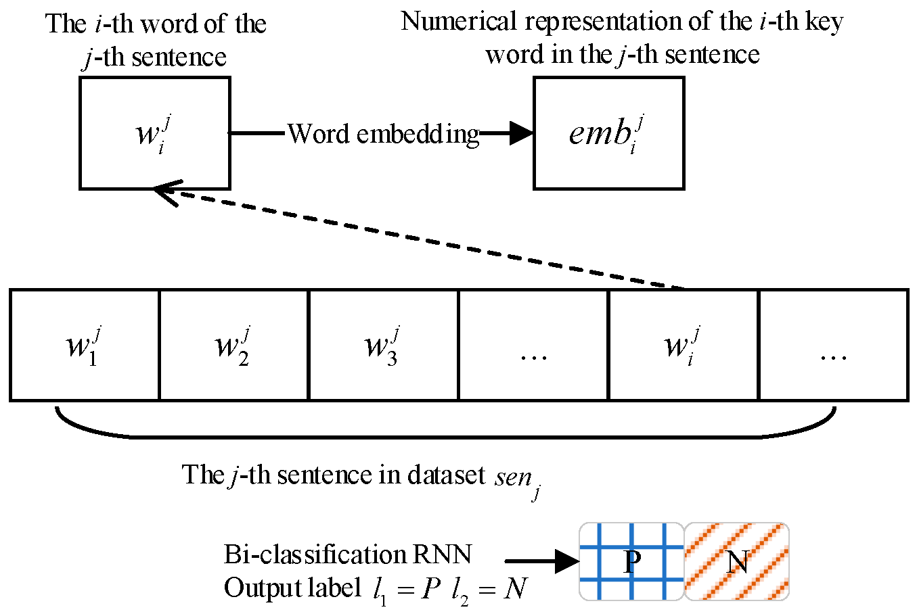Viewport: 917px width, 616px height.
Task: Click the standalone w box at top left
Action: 154,133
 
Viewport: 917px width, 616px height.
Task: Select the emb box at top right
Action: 608,133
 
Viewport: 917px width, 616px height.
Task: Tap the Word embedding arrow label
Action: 383,134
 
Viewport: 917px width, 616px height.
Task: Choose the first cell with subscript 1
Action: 85,345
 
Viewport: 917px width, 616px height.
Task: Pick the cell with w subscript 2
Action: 234,345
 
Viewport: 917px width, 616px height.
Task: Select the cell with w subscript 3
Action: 384,345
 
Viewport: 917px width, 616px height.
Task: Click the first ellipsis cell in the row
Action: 533,345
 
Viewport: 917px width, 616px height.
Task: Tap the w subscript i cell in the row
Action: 684,345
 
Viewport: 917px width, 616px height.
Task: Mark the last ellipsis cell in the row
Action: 833,345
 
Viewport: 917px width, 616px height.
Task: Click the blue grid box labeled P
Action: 631,561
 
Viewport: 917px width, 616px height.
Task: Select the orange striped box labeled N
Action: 737,561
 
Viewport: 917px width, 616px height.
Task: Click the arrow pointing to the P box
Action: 541,561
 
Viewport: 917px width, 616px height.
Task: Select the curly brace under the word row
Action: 447,429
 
